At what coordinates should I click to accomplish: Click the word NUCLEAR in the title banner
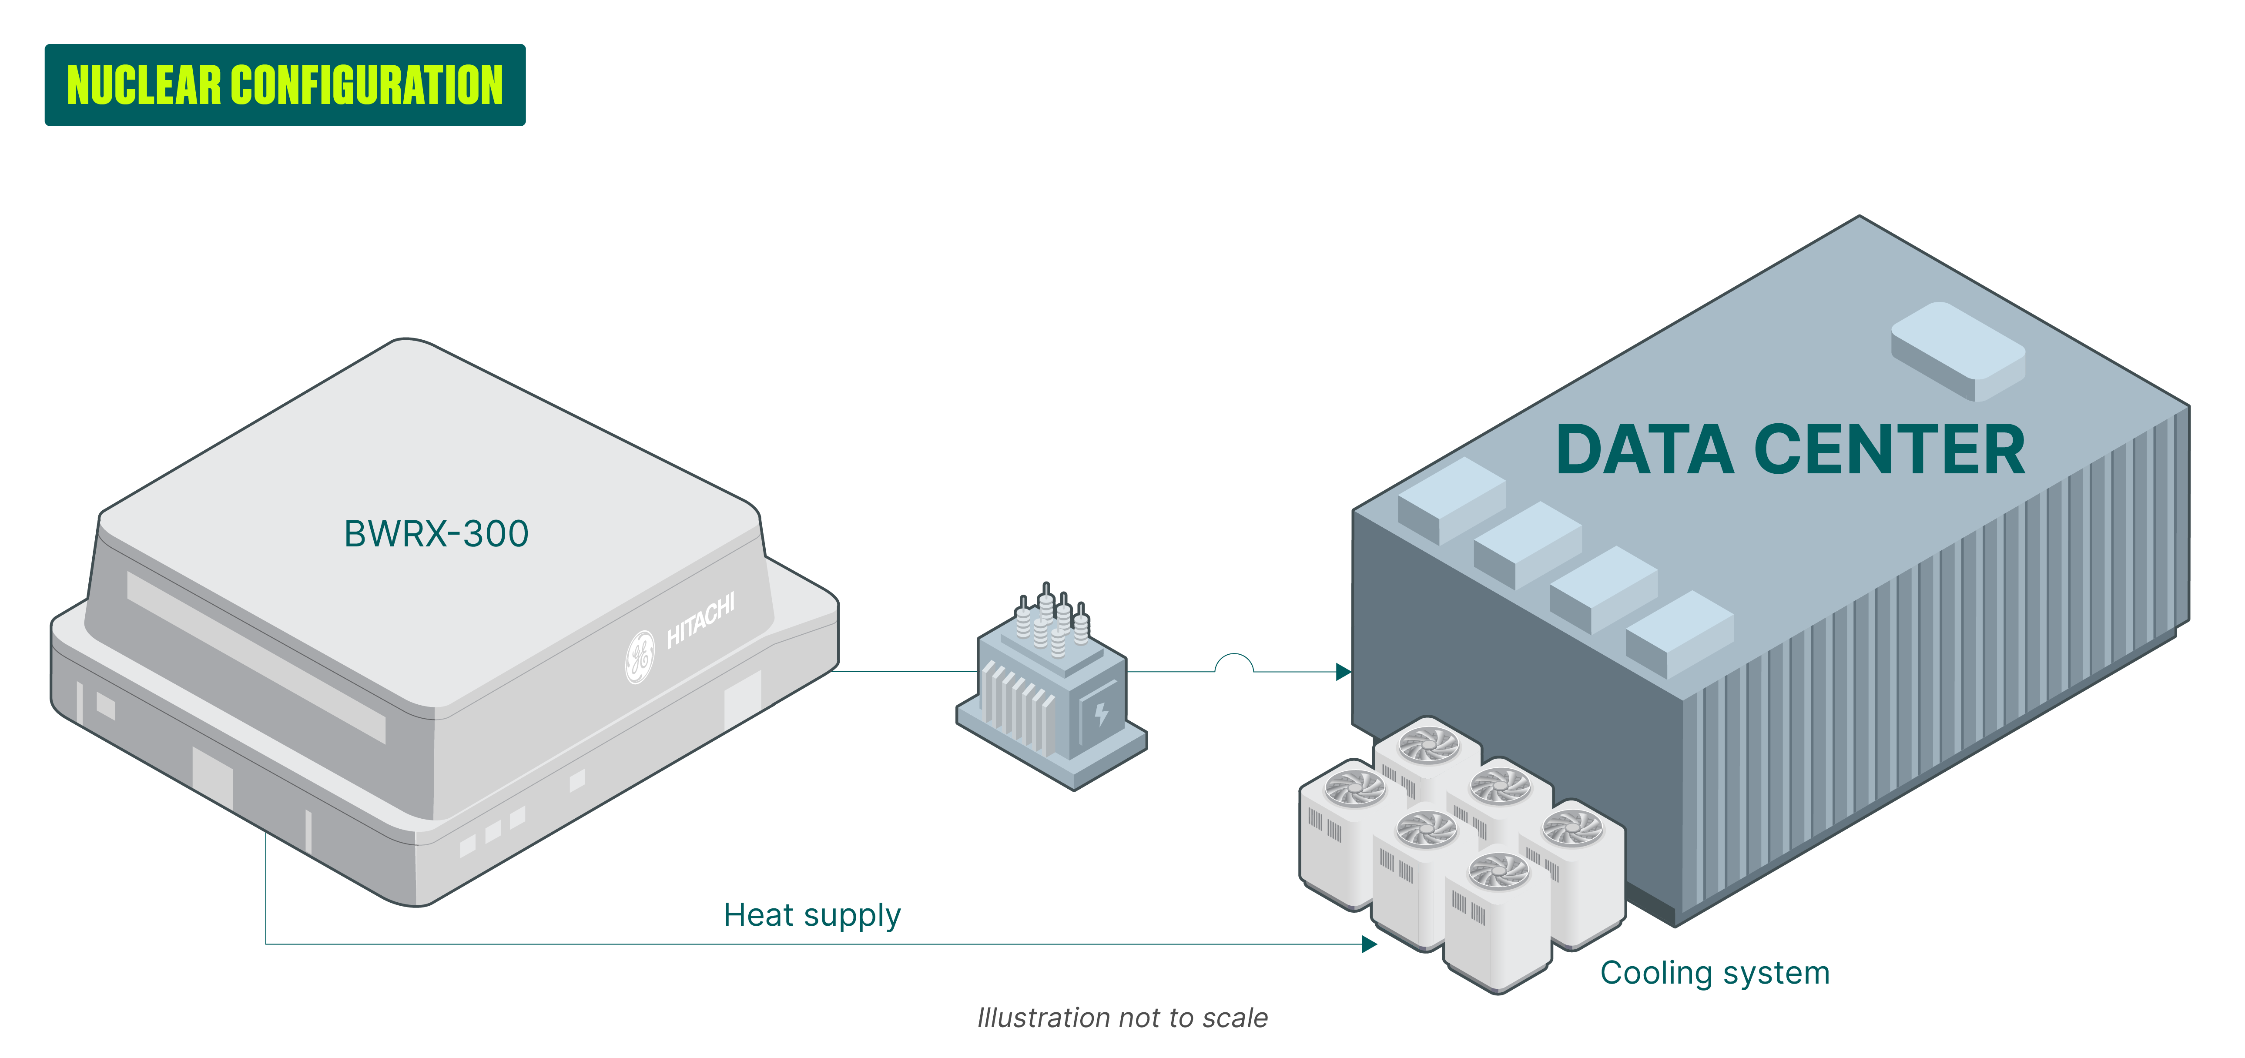(x=144, y=85)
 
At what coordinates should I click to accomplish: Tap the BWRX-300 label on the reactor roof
(x=436, y=533)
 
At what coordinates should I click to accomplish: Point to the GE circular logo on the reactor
(x=640, y=656)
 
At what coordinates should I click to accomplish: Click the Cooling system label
(x=1714, y=973)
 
